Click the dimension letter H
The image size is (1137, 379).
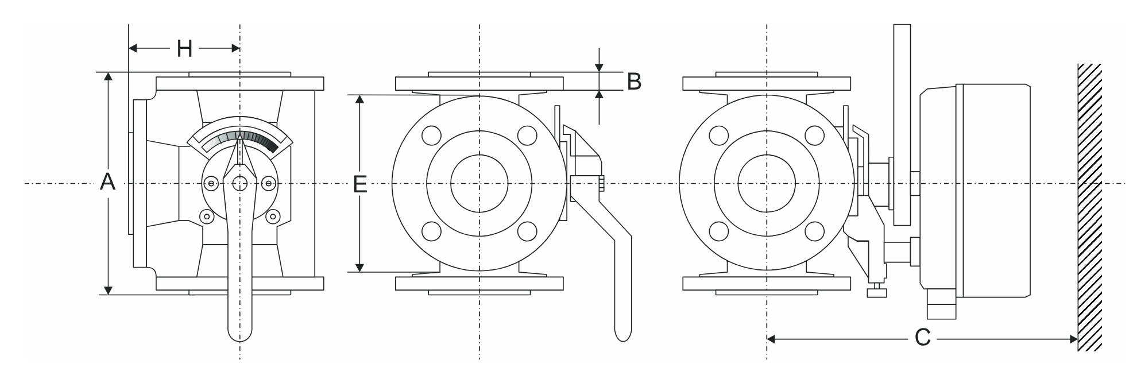point(184,49)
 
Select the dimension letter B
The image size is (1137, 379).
point(634,82)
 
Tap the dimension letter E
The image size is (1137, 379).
point(360,184)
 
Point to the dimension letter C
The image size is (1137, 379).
point(922,338)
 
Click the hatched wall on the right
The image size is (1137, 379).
point(1089,207)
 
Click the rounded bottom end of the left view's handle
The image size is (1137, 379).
point(240,331)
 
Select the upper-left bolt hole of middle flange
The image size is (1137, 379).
point(431,136)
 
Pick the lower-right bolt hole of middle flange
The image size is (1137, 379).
point(527,231)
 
